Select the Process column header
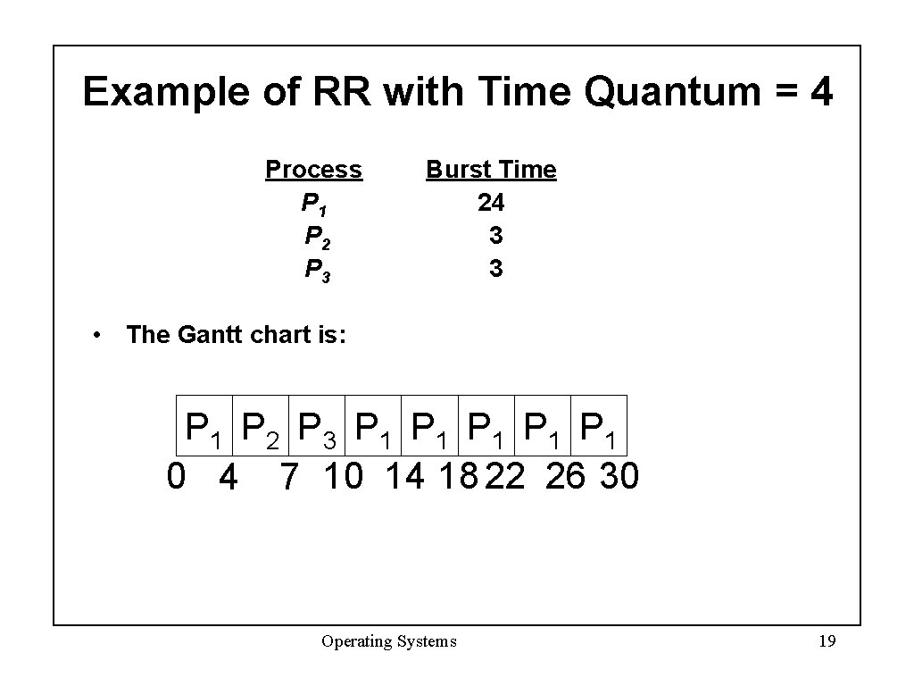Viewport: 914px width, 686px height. [x=313, y=170]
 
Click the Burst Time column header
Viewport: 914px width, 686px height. [x=491, y=170]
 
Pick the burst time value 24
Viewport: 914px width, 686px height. [x=491, y=204]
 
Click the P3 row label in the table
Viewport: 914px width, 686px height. [x=317, y=269]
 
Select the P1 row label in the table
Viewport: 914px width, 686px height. [x=314, y=205]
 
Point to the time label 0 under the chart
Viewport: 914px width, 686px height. [x=177, y=476]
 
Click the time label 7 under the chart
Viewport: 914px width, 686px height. [x=288, y=478]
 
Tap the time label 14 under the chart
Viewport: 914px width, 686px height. [x=404, y=476]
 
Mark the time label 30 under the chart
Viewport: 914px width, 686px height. [x=619, y=476]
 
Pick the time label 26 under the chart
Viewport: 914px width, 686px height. [x=564, y=476]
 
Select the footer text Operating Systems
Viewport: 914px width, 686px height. [x=389, y=641]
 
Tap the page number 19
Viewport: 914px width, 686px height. [x=827, y=641]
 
